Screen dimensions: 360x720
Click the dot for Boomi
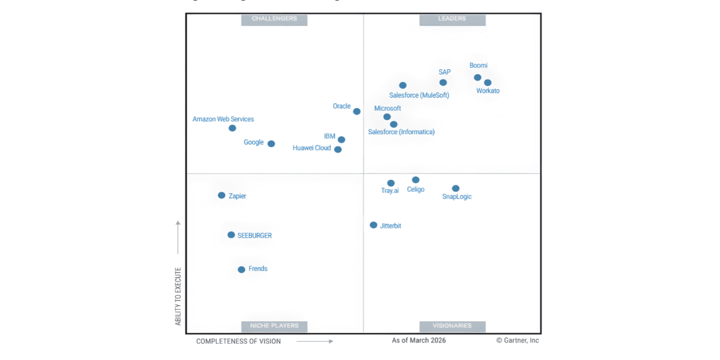click(x=477, y=78)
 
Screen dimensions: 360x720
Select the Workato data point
click(x=487, y=83)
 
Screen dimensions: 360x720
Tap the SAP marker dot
click(x=443, y=83)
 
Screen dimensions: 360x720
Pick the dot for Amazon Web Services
click(x=233, y=128)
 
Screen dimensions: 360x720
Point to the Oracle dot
click(x=357, y=111)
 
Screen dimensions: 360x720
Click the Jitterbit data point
click(x=374, y=225)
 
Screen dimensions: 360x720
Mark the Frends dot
click(x=241, y=270)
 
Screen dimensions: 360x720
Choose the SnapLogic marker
click(x=455, y=188)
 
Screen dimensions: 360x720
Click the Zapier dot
click(x=222, y=196)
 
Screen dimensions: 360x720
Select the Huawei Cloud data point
click(x=338, y=150)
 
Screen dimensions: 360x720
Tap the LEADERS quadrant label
click(x=452, y=19)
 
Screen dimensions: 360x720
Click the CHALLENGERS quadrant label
click(x=274, y=19)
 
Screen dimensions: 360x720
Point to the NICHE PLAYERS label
click(x=274, y=326)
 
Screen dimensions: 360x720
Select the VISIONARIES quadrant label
click(x=452, y=326)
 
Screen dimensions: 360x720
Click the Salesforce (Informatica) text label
click(x=402, y=132)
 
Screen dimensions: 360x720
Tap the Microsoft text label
click(x=388, y=109)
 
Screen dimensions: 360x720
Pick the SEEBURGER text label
click(x=255, y=235)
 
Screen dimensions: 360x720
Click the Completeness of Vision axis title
click(x=238, y=341)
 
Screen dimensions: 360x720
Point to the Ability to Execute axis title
click(x=178, y=296)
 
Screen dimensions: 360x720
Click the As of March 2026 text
click(x=419, y=341)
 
